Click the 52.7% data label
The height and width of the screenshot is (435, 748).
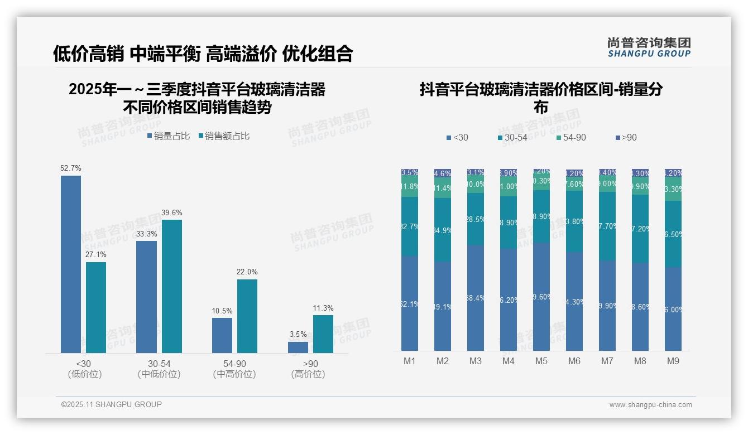pyautogui.click(x=71, y=168)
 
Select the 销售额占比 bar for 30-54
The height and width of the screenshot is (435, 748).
pyautogui.click(x=172, y=286)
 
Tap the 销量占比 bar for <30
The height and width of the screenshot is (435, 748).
pyautogui.click(x=71, y=264)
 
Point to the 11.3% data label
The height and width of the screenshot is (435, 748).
pyautogui.click(x=323, y=308)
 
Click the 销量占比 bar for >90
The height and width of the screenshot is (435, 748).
pyautogui.click(x=298, y=347)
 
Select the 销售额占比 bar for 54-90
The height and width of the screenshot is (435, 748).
pyautogui.click(x=247, y=316)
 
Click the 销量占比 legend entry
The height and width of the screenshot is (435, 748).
pyautogui.click(x=169, y=136)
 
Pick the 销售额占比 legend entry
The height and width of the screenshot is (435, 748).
pyautogui.click(x=224, y=136)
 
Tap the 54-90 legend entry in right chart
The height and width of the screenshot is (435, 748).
pyautogui.click(x=571, y=138)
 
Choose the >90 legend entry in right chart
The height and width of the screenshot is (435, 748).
pyautogui.click(x=626, y=138)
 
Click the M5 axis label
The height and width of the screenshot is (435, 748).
pyautogui.click(x=541, y=361)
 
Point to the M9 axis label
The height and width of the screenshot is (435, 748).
pyautogui.click(x=673, y=361)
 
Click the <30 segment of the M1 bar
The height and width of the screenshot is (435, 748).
pyautogui.click(x=410, y=303)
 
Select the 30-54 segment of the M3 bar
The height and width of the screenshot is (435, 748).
pyautogui.click(x=476, y=219)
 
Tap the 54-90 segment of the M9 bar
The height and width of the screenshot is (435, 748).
pyautogui.click(x=673, y=189)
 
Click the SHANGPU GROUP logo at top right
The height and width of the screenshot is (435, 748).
pyautogui.click(x=649, y=47)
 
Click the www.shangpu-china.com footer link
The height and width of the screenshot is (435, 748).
pyautogui.click(x=650, y=405)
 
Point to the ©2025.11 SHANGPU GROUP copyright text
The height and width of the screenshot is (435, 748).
pyautogui.click(x=112, y=404)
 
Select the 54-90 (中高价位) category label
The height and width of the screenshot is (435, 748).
pyautogui.click(x=234, y=369)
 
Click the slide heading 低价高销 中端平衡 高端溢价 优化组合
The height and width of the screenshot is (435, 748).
pyautogui.click(x=203, y=54)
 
